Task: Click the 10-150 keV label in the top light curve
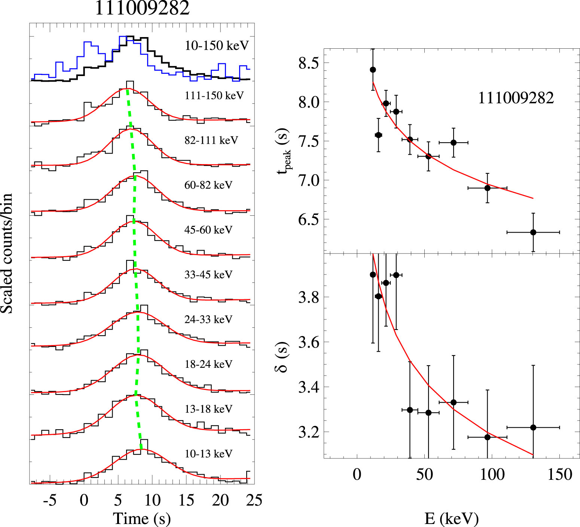click(x=217, y=46)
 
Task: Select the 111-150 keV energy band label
click(x=214, y=96)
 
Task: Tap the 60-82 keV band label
click(x=208, y=185)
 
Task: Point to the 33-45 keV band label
click(x=208, y=275)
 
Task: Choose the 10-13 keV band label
click(x=208, y=454)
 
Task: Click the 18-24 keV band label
click(x=208, y=364)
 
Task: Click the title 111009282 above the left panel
click(x=142, y=8)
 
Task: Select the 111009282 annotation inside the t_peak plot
click(x=516, y=98)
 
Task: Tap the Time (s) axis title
click(x=142, y=518)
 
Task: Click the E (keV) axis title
click(x=451, y=518)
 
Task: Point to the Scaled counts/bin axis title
click(x=7, y=254)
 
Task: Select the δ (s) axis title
click(x=283, y=357)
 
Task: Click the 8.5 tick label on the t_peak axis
click(x=309, y=63)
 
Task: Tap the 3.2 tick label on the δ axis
click(x=309, y=432)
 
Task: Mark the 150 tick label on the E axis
click(x=560, y=475)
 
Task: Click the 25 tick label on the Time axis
click(x=254, y=500)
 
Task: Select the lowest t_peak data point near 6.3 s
click(x=533, y=233)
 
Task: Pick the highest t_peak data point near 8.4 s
click(x=373, y=70)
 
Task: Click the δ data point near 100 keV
click(x=487, y=437)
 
